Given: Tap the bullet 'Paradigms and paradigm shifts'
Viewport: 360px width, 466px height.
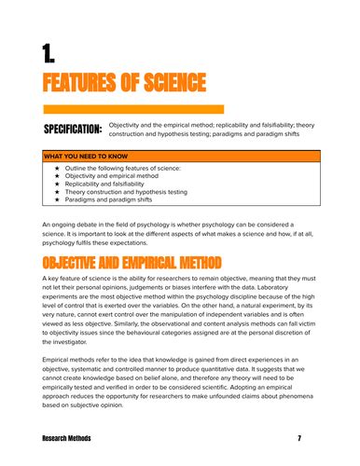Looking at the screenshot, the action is pos(118,200).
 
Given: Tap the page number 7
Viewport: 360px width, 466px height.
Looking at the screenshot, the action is pos(299,437).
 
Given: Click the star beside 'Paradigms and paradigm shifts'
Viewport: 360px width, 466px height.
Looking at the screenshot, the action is pos(59,200).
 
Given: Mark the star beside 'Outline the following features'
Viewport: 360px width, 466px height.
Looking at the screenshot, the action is pos(59,167).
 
